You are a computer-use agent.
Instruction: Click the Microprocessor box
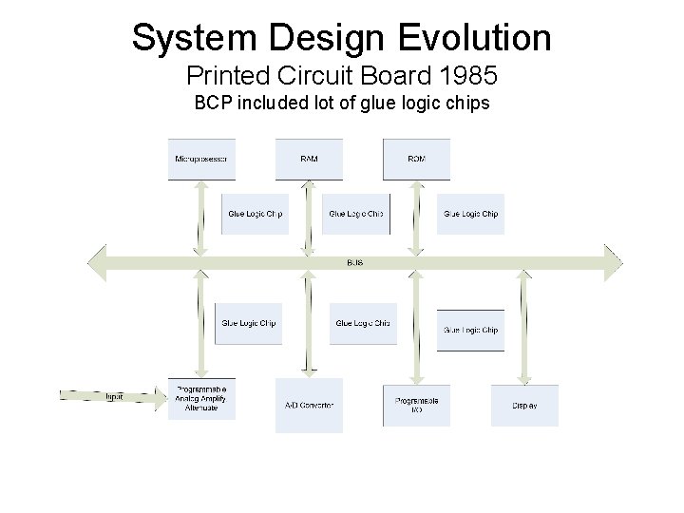coord(201,159)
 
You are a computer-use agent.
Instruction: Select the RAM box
coord(309,159)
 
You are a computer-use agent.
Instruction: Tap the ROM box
coord(416,159)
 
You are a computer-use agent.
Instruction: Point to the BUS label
coord(354,262)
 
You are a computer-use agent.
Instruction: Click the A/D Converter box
coord(309,406)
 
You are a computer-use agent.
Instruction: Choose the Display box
coord(524,406)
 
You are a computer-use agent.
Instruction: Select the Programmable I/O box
coord(416,406)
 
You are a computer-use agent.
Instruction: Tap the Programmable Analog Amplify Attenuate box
coord(201,400)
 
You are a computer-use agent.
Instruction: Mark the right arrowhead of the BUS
coord(613,262)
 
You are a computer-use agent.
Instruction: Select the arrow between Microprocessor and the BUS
coord(200,217)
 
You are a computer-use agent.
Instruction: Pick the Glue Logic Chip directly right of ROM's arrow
coord(470,214)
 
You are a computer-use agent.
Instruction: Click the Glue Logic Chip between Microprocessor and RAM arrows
coord(255,214)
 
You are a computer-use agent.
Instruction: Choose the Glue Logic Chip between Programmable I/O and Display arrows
coord(470,330)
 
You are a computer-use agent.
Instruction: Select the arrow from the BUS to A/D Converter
coord(308,323)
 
